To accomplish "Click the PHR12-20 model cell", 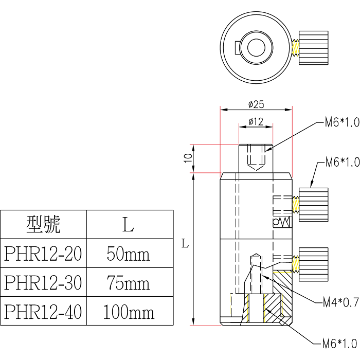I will pyautogui.click(x=43, y=253).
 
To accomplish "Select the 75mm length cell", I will pyautogui.click(x=128, y=283).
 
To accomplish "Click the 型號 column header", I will pyautogui.click(x=43, y=224).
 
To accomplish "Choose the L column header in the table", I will pyautogui.click(x=128, y=224).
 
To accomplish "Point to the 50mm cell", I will pyautogui.click(x=128, y=253).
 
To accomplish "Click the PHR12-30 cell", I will pyautogui.click(x=43, y=283).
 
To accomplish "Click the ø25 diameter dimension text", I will pyautogui.click(x=256, y=104).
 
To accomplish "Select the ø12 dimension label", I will pyautogui.click(x=256, y=122).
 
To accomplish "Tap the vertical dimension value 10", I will pyautogui.click(x=188, y=158).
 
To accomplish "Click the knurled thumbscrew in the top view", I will pyautogui.click(x=313, y=47).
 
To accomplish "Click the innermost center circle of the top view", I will pyautogui.click(x=256, y=47).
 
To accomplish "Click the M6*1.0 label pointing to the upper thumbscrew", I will pyautogui.click(x=342, y=163).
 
